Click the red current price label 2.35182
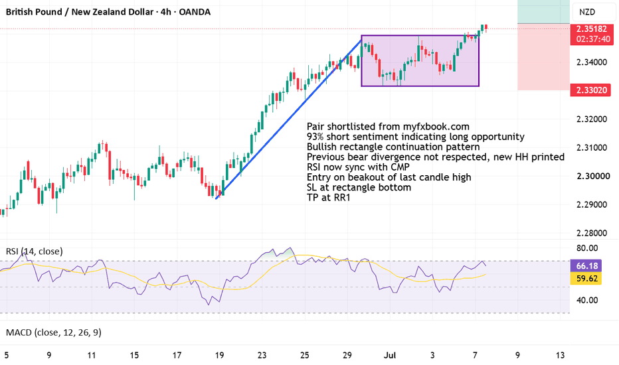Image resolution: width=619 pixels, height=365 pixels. (x=591, y=29)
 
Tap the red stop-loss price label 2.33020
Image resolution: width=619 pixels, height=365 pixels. (x=591, y=90)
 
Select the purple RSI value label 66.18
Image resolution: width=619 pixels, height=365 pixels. (x=586, y=265)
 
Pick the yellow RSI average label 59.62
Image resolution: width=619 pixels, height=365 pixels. (x=586, y=279)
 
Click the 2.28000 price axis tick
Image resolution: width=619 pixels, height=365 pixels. (x=591, y=233)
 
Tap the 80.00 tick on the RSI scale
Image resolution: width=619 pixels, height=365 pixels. (x=587, y=248)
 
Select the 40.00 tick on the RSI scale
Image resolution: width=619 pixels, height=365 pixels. (x=587, y=300)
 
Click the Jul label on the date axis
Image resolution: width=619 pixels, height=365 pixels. (x=390, y=355)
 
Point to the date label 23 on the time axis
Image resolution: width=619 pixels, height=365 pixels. (x=262, y=355)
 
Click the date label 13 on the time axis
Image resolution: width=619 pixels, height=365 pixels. (x=560, y=355)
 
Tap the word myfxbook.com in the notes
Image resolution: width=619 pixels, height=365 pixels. (x=436, y=127)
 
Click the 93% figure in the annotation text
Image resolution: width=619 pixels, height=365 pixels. (x=315, y=137)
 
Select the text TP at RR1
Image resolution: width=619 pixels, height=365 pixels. (x=329, y=197)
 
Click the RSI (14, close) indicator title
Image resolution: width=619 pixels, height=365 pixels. (x=35, y=252)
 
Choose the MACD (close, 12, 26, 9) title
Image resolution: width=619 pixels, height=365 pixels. (x=54, y=332)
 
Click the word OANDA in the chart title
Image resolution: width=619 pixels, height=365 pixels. (x=195, y=12)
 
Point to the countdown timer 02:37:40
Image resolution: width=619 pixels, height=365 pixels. (x=593, y=39)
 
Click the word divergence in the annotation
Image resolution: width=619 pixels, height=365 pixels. (x=395, y=157)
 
